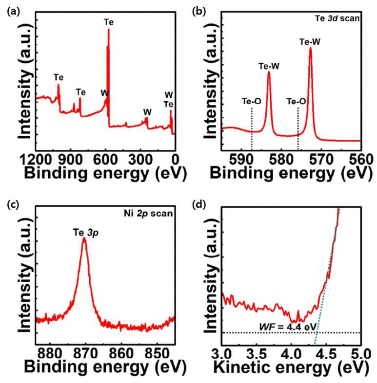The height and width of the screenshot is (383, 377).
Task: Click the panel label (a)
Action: pos(14,12)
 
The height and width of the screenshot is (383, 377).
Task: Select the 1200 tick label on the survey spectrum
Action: pos(36,160)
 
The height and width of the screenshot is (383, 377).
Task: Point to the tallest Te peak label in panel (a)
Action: pos(109,22)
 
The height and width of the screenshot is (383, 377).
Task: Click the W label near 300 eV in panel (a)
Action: pos(147,112)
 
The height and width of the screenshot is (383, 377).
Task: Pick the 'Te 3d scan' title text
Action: pos(337,18)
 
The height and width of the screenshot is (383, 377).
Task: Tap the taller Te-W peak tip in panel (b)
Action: pos(310,48)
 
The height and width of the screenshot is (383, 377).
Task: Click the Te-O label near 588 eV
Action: pos(252,101)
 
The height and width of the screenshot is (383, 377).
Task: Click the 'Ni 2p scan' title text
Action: pos(148,214)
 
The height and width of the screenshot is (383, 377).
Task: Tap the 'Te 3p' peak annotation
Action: pos(86,232)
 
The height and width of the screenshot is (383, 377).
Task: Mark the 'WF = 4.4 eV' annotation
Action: pos(288,327)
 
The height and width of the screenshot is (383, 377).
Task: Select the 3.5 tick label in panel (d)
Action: pos(257,354)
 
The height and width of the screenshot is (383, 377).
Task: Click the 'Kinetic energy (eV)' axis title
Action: pos(291,367)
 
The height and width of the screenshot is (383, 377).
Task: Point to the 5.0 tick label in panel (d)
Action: pos(361,354)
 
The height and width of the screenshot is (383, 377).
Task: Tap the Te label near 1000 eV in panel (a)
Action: pos(59,77)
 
